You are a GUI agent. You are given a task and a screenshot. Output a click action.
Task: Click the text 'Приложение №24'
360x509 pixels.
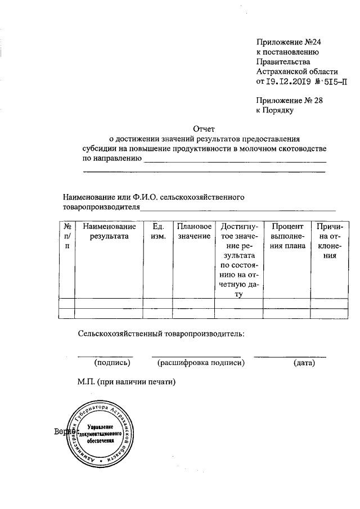[x=283, y=42]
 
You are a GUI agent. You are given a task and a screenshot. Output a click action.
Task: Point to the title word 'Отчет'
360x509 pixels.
[x=204, y=128]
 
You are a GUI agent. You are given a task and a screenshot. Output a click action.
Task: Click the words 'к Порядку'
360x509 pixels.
[x=275, y=110]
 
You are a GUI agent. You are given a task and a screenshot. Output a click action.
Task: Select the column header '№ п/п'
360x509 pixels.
[x=67, y=236]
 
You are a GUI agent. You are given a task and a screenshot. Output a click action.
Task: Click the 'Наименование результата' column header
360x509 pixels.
[x=109, y=231]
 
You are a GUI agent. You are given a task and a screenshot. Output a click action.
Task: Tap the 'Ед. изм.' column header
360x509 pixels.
[x=158, y=231]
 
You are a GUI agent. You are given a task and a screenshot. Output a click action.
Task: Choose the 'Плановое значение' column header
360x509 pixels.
[x=194, y=231]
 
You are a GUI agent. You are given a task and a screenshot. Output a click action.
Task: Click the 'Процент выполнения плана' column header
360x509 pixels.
[x=287, y=236]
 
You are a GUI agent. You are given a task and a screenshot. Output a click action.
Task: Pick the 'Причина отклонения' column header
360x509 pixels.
[x=326, y=241]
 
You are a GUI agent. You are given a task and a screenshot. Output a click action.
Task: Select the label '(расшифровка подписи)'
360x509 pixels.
[x=201, y=363]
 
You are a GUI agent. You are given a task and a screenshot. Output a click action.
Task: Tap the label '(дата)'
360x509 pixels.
[x=304, y=363]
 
